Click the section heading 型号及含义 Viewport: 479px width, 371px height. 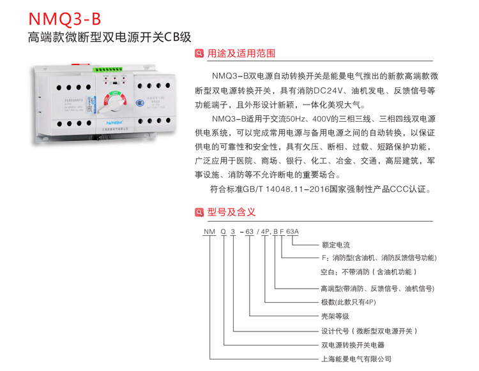click(232, 212)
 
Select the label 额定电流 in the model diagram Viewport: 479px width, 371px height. click(335, 245)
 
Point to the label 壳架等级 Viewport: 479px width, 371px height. click(335, 316)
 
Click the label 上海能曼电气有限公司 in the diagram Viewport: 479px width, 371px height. click(356, 359)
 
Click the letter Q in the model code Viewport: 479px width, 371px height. click(223, 232)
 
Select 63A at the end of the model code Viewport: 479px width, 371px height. click(293, 232)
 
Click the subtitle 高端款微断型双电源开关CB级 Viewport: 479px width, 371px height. click(110, 36)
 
